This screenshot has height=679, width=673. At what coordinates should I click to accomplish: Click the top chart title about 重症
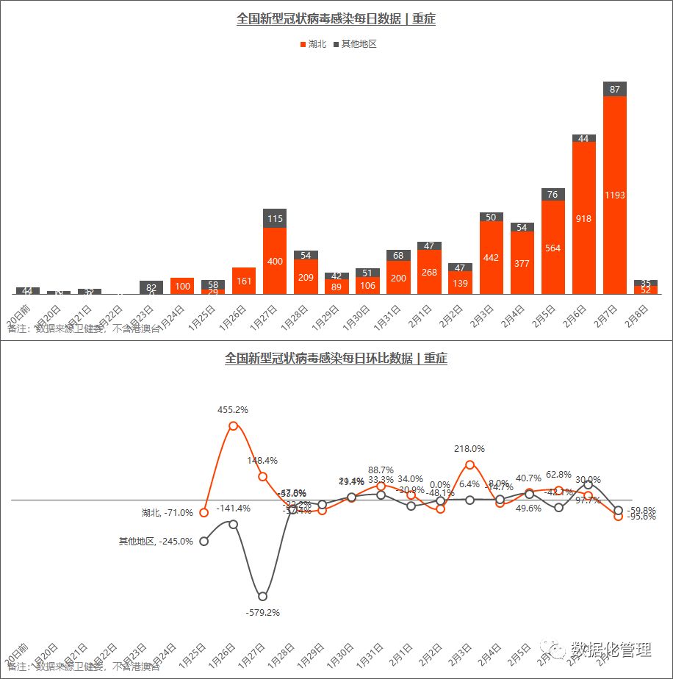pyautogui.click(x=336, y=19)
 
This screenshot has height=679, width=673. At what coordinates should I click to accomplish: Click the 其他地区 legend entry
pyautogui.click(x=356, y=44)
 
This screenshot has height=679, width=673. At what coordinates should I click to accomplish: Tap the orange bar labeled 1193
pyautogui.click(x=615, y=195)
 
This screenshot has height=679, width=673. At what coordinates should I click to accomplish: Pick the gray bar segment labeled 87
pyautogui.click(x=615, y=89)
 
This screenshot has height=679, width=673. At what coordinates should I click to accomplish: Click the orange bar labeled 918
pyautogui.click(x=584, y=218)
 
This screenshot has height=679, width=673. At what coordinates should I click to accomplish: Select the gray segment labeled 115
pyautogui.click(x=275, y=218)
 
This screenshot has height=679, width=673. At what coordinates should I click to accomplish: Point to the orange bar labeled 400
pyautogui.click(x=275, y=261)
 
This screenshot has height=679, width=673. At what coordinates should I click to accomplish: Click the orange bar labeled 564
pyautogui.click(x=553, y=248)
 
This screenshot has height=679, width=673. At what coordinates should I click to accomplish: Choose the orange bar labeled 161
pyautogui.click(x=244, y=281)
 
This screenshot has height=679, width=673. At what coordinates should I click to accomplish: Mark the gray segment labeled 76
pyautogui.click(x=553, y=195)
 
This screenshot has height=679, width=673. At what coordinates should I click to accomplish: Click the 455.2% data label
pyautogui.click(x=233, y=409)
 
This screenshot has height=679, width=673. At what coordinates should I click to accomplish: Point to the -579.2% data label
pyautogui.click(x=262, y=612)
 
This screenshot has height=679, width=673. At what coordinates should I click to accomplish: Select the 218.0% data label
pyautogui.click(x=469, y=448)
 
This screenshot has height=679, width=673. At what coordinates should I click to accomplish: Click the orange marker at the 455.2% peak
pyautogui.click(x=234, y=425)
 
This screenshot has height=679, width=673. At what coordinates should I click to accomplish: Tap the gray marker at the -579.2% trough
pyautogui.click(x=262, y=596)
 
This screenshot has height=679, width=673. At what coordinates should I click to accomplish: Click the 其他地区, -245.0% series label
pyautogui.click(x=156, y=542)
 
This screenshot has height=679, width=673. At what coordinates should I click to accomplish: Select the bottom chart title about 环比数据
pyautogui.click(x=336, y=359)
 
